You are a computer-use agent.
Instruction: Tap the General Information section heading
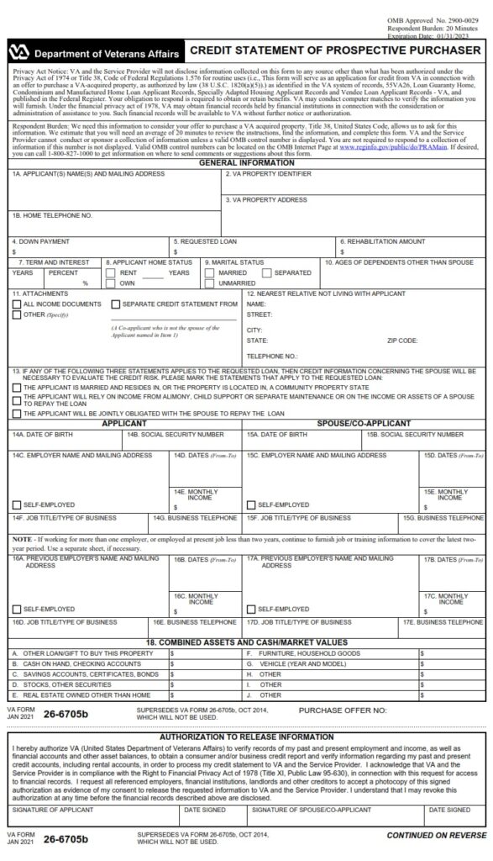point(246,162)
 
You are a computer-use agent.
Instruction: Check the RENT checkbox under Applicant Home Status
point(113,273)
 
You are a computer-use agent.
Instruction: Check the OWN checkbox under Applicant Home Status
point(113,284)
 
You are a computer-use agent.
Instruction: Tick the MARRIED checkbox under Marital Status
point(210,273)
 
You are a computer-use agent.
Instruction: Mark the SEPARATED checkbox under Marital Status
point(267,273)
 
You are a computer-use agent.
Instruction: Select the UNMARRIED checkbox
point(210,284)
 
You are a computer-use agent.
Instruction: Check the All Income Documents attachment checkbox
point(17,304)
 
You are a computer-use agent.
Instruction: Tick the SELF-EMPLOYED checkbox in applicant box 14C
point(17,505)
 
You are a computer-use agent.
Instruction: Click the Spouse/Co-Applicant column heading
point(364,423)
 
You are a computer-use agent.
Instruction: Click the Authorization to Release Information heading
point(246,736)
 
